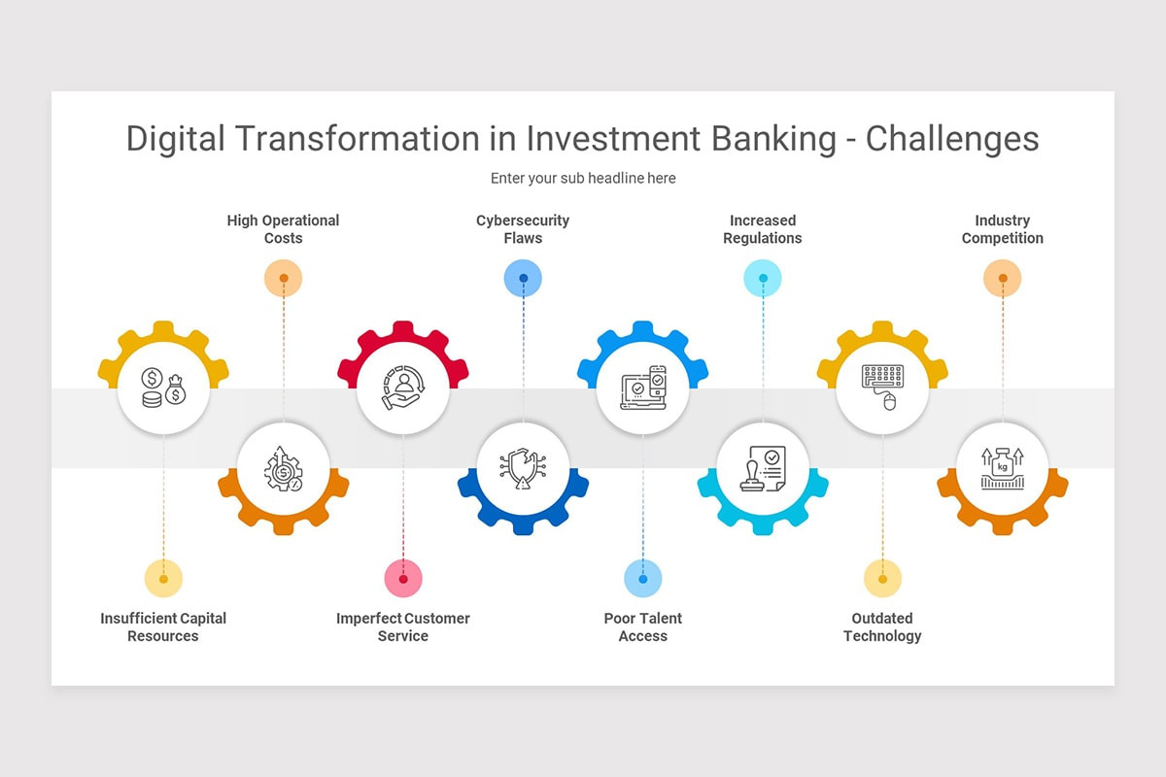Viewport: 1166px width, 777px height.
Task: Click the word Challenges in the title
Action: click(x=952, y=140)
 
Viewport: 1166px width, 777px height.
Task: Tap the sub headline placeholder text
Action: click(x=583, y=178)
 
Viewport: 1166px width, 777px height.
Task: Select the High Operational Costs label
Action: click(x=283, y=229)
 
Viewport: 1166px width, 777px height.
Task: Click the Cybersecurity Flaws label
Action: click(x=523, y=229)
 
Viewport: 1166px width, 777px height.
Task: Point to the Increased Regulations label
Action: click(x=763, y=229)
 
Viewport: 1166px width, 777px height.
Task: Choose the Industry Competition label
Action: click(x=1003, y=229)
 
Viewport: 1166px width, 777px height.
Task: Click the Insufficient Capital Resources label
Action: click(x=163, y=627)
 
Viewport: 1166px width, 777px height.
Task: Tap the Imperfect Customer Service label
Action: click(x=403, y=627)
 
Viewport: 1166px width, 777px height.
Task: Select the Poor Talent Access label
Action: click(x=643, y=627)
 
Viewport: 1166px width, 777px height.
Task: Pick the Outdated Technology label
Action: click(x=882, y=627)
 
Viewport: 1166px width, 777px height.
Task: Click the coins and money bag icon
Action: click(x=163, y=388)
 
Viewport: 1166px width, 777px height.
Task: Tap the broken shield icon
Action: click(x=523, y=468)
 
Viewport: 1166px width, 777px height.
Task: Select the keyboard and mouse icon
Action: click(x=883, y=388)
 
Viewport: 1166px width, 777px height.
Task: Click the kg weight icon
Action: click(x=1003, y=468)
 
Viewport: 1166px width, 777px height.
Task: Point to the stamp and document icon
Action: click(x=763, y=468)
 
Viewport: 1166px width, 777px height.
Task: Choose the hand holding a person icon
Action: click(x=403, y=388)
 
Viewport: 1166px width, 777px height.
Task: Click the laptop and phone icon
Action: click(x=643, y=388)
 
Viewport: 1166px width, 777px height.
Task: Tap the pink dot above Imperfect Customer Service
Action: click(x=403, y=579)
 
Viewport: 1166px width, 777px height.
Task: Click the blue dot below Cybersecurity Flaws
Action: click(x=523, y=279)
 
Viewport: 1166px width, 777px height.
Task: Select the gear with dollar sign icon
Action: click(x=283, y=468)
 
